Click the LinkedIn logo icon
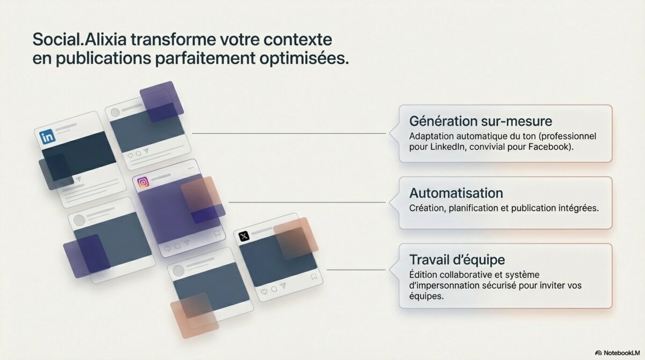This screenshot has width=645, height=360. pos(47,136)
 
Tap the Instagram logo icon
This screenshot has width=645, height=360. pos(143,182)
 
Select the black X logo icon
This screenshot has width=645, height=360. pos(244,236)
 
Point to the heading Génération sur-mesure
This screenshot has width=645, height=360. pos(481,121)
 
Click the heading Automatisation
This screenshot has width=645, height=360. pos(456,193)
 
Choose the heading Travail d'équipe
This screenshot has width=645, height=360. pos(457,260)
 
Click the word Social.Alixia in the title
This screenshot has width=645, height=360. pos(80,39)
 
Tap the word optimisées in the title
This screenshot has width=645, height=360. pos(304,59)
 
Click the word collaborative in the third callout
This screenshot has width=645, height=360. pos(464,275)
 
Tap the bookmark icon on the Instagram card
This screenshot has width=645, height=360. pos(217,233)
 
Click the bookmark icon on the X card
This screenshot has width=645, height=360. pos(314,277)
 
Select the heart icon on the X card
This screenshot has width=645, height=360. pos(264,292)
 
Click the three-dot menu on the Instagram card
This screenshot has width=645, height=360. pos(191,168)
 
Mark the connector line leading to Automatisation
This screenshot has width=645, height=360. pos(307,203)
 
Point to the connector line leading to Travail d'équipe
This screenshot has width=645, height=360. pos(356,270)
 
